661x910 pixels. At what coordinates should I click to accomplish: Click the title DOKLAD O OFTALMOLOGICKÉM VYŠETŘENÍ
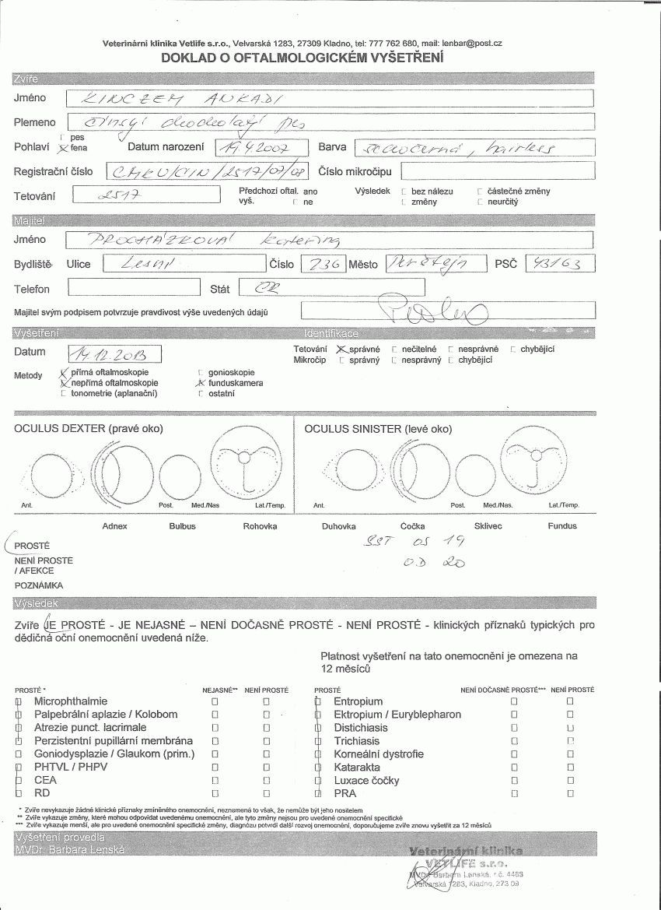point(302,58)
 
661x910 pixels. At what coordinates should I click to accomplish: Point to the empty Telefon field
point(134,288)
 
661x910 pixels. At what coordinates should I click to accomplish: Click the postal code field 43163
point(559,263)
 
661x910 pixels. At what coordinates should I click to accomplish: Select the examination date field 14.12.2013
point(114,355)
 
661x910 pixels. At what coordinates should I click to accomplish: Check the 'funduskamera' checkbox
point(202,383)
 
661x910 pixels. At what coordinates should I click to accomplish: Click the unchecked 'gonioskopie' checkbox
point(202,373)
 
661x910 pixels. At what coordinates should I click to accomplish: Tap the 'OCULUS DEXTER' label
point(89,429)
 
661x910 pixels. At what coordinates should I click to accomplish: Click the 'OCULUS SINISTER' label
point(378,429)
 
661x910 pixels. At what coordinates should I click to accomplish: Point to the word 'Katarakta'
point(357,767)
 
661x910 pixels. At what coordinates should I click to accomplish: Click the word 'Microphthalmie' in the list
point(71,701)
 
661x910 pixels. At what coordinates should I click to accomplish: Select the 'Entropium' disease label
point(358,701)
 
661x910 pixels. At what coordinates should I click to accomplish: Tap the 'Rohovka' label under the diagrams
point(260,526)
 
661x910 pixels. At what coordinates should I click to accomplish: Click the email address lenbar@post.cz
point(472,44)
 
